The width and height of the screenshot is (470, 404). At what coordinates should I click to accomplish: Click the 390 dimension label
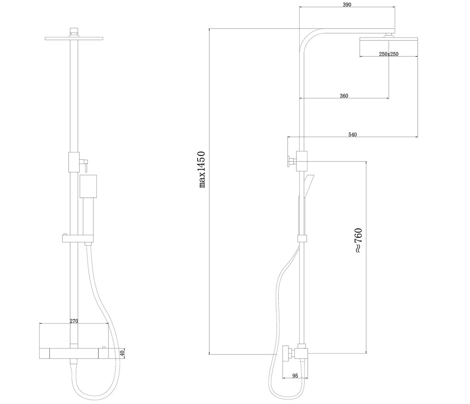point(347,5)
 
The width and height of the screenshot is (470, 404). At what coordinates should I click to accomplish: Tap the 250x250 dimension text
point(389,54)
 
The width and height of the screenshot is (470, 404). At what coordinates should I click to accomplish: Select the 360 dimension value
point(344,96)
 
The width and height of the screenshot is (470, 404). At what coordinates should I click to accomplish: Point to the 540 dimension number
point(353,134)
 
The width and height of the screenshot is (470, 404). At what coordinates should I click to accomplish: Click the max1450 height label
point(202,169)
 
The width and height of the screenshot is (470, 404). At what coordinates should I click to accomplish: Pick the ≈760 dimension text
point(358,240)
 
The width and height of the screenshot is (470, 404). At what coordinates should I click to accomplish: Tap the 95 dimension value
point(295,376)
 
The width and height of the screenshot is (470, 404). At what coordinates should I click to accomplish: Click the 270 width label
point(74,321)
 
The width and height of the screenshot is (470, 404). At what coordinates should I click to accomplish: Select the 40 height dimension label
point(122,353)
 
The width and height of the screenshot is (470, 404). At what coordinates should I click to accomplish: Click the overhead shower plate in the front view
point(74,39)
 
